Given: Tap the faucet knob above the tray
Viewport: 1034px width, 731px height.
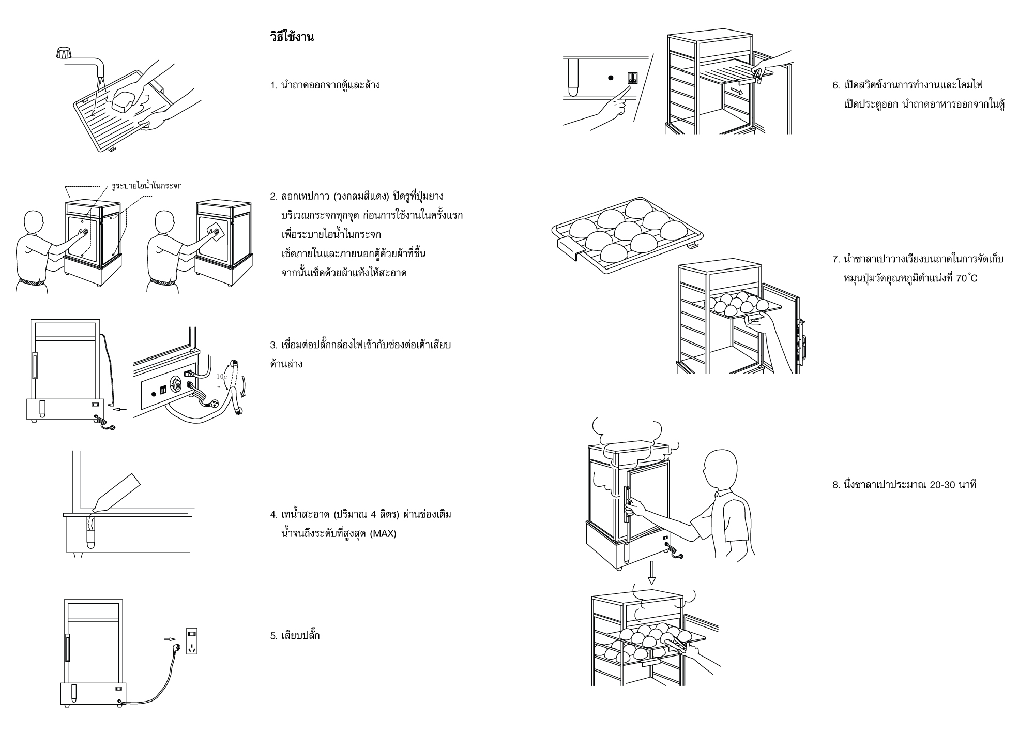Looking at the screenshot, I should click(65, 53).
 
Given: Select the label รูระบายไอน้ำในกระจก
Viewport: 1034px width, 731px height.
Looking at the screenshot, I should click(146, 185).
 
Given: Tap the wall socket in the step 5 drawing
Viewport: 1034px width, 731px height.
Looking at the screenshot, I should click(192, 642).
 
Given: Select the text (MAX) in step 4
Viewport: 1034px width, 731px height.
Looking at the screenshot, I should click(383, 533).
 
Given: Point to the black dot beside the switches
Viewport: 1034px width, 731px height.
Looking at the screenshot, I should click(611, 78).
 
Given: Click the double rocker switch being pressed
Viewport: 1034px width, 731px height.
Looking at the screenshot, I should click(632, 78).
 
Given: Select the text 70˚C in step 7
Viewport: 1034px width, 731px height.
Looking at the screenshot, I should click(966, 278).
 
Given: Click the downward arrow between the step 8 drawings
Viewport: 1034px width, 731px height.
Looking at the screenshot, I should click(651, 573).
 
